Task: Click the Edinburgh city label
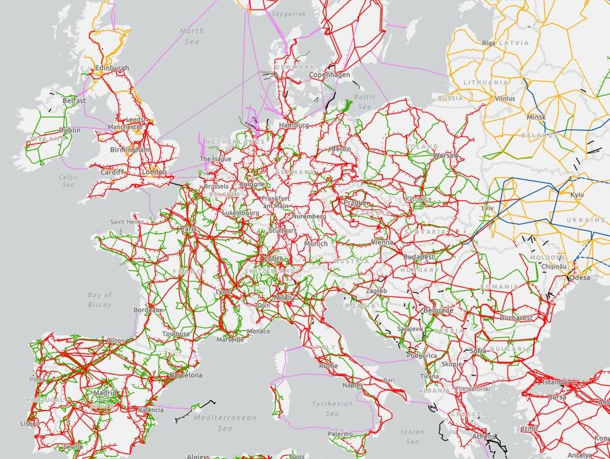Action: [112, 68]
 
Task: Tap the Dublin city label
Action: [70, 130]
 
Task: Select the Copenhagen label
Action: [330, 75]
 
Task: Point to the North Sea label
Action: [192, 36]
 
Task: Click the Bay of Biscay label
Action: [100, 300]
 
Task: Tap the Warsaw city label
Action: [446, 156]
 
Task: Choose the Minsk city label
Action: [536, 117]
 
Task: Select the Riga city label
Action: [489, 43]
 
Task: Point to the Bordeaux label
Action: [149, 310]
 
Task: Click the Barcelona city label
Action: [186, 375]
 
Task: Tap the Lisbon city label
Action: [30, 423]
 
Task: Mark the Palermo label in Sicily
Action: [340, 434]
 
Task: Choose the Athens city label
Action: [483, 437]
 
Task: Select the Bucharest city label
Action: [517, 318]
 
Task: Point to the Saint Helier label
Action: [127, 222]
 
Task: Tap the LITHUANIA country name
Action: [486, 82]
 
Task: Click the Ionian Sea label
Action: [412, 437]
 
